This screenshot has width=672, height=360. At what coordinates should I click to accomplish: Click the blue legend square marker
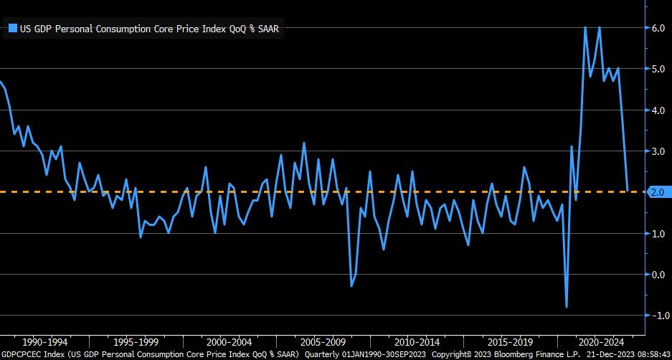[12, 29]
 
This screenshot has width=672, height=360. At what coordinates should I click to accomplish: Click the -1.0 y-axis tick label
[657, 316]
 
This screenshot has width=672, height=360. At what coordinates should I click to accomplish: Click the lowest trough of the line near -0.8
[567, 307]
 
